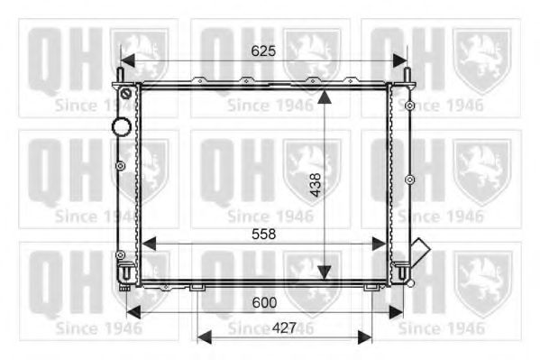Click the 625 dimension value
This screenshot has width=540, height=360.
point(262,51)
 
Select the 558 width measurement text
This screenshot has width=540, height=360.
point(263,233)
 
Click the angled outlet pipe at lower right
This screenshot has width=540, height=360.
point(419,248)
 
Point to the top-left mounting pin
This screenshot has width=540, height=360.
point(121,73)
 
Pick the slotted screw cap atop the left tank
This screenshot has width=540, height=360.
point(126,93)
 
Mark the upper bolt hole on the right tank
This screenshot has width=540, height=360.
point(409,106)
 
